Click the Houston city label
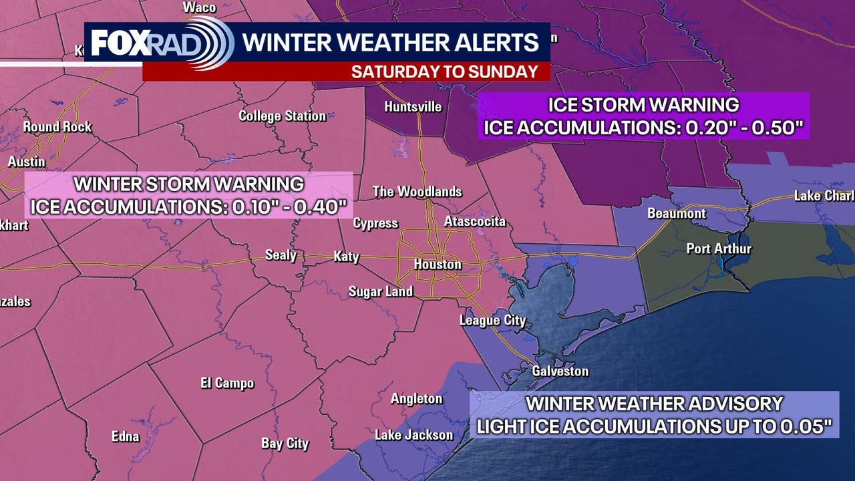[x=438, y=265]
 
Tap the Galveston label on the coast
[x=560, y=371]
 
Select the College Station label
[x=282, y=116]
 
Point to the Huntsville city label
[x=413, y=107]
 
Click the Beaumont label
[x=676, y=214]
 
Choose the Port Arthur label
[x=719, y=249]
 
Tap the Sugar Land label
[x=381, y=291]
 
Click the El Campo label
[x=227, y=383]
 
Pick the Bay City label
[x=285, y=443]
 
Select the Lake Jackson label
[x=413, y=435]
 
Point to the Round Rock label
[x=57, y=126]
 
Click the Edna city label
[x=125, y=436]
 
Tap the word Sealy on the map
[x=281, y=255]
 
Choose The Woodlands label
[x=417, y=192]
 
